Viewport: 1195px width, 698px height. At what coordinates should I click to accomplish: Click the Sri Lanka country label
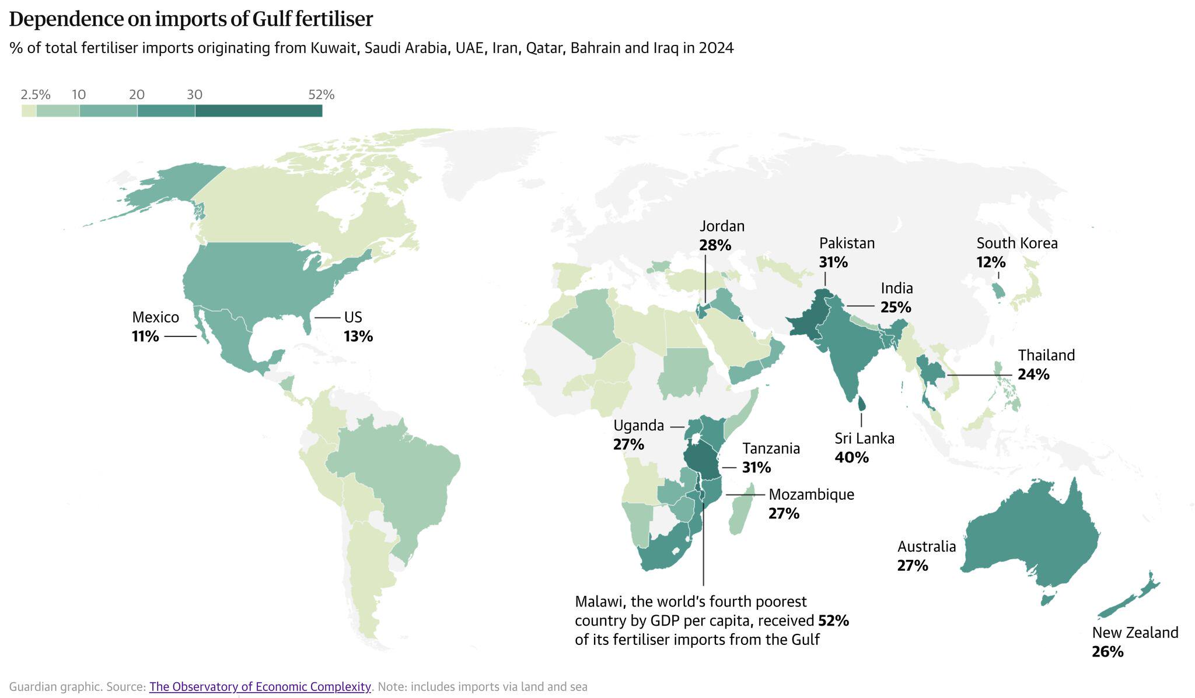click(864, 439)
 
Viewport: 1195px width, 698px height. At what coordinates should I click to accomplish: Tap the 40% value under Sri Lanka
click(851, 458)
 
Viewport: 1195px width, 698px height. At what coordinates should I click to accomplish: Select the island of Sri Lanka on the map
click(862, 403)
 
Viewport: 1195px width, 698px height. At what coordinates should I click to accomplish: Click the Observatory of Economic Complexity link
click(260, 686)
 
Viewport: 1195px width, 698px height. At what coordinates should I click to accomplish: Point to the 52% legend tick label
click(321, 94)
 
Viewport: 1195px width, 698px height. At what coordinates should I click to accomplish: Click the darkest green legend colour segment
click(258, 110)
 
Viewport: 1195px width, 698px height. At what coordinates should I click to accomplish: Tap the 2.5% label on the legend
click(35, 94)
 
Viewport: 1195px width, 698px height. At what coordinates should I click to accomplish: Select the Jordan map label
click(722, 226)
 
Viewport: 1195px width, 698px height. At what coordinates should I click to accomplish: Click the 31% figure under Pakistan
click(833, 262)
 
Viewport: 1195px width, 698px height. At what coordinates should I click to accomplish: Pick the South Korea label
click(1016, 243)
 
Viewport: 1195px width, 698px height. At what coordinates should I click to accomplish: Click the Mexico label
click(155, 317)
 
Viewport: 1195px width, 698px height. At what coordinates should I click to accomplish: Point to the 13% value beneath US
click(358, 336)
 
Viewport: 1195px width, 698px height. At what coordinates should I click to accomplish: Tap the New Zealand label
click(1135, 633)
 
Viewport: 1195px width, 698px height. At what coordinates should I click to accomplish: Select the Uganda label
click(638, 426)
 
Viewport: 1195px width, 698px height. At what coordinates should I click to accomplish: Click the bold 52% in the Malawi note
click(833, 620)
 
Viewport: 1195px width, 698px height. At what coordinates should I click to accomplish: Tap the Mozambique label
click(811, 494)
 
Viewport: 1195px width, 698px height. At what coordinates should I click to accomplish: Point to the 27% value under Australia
click(913, 566)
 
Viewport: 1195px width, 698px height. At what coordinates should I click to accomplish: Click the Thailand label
click(1046, 355)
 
